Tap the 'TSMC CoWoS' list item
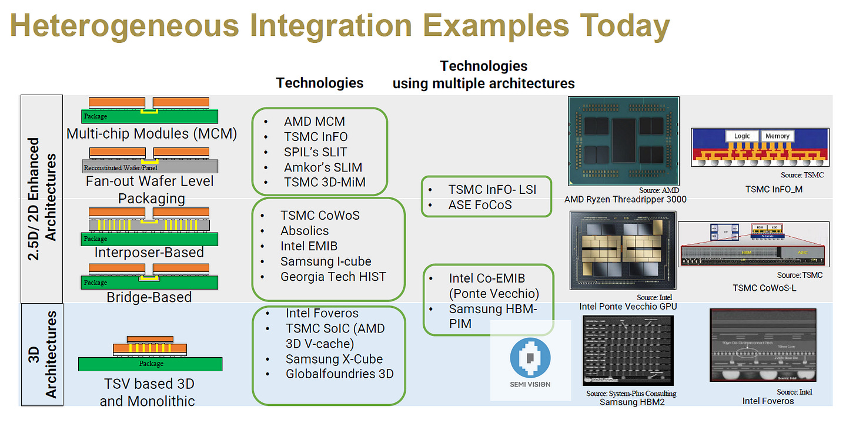(320, 216)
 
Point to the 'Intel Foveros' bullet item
(322, 313)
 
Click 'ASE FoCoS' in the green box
(480, 205)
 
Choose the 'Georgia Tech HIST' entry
(333, 277)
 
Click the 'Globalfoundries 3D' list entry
(339, 374)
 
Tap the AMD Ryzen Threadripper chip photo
(624, 141)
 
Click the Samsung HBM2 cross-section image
(628, 351)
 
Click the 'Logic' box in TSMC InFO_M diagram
(742, 136)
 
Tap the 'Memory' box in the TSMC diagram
(777, 136)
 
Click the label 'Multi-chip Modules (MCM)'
(152, 133)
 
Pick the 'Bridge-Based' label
(149, 297)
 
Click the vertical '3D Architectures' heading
(42, 354)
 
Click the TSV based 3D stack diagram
(150, 355)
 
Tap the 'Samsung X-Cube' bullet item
(334, 359)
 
